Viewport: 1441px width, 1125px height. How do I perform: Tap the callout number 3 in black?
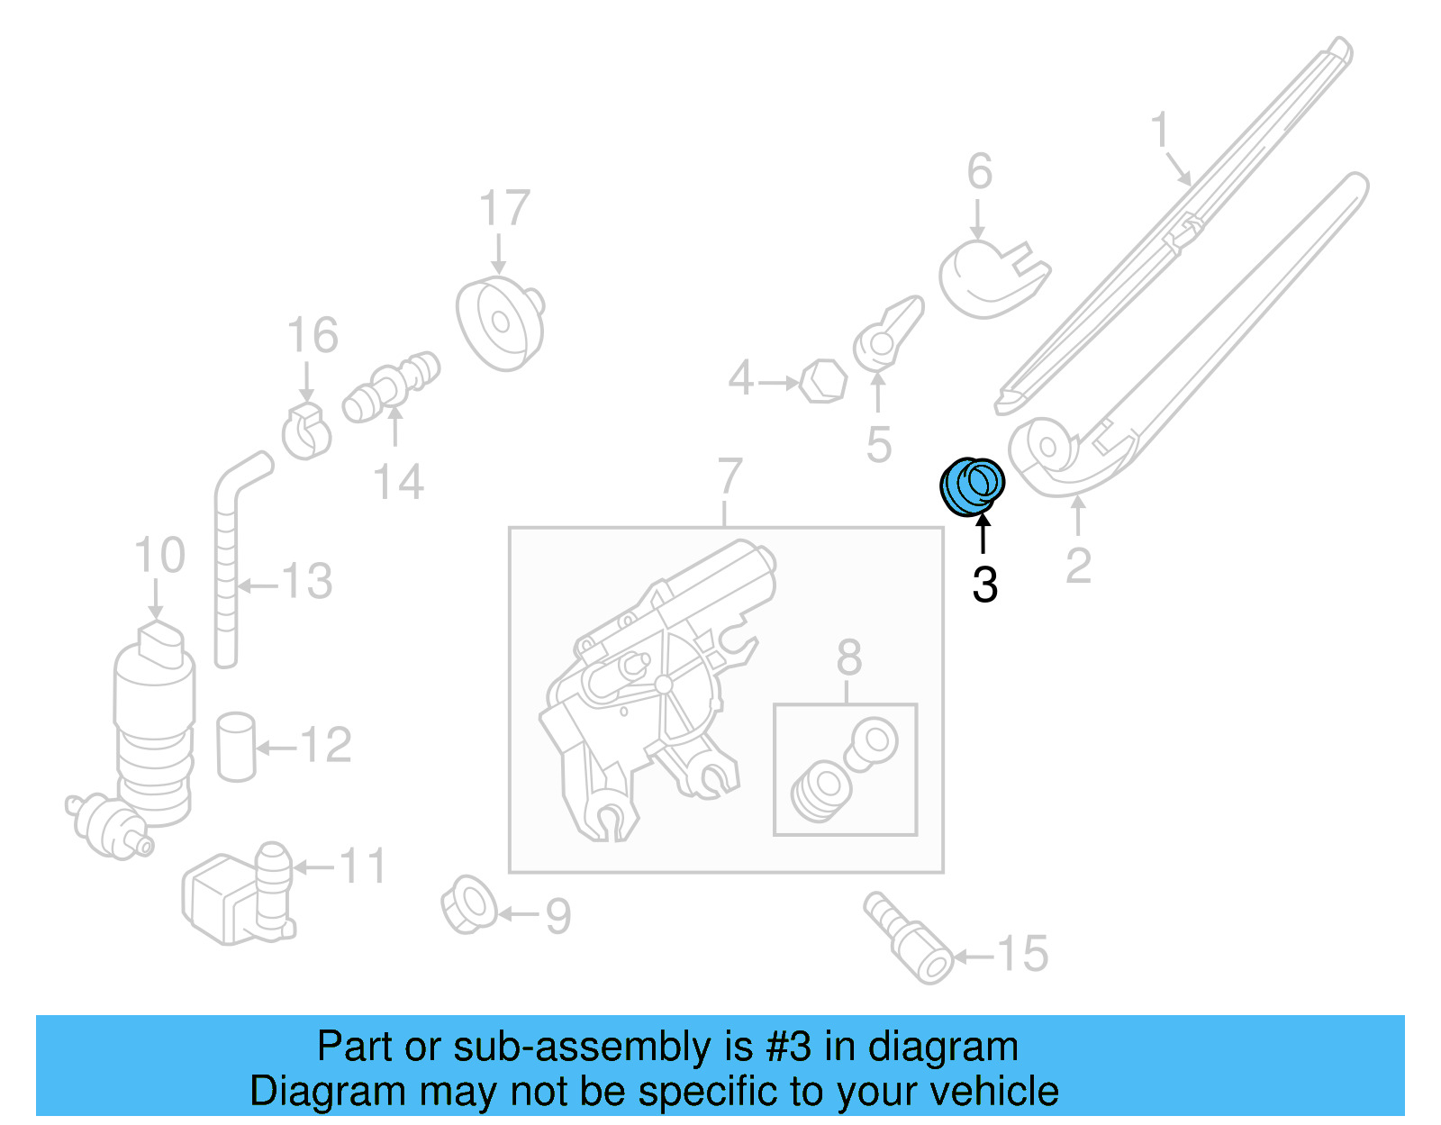tap(984, 585)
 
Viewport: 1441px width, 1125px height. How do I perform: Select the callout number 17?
tap(504, 209)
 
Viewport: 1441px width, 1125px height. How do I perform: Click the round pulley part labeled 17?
tap(500, 322)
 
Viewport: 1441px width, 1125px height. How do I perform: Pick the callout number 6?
tap(980, 171)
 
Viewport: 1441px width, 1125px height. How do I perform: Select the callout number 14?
tap(398, 483)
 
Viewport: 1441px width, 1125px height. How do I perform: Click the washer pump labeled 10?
tap(154, 721)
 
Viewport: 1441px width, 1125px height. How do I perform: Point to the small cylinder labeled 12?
tap(236, 746)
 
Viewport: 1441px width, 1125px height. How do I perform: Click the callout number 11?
tap(363, 866)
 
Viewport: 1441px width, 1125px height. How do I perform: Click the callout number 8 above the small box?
tap(848, 658)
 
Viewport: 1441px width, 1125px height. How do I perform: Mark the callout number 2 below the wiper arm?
tap(1078, 567)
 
